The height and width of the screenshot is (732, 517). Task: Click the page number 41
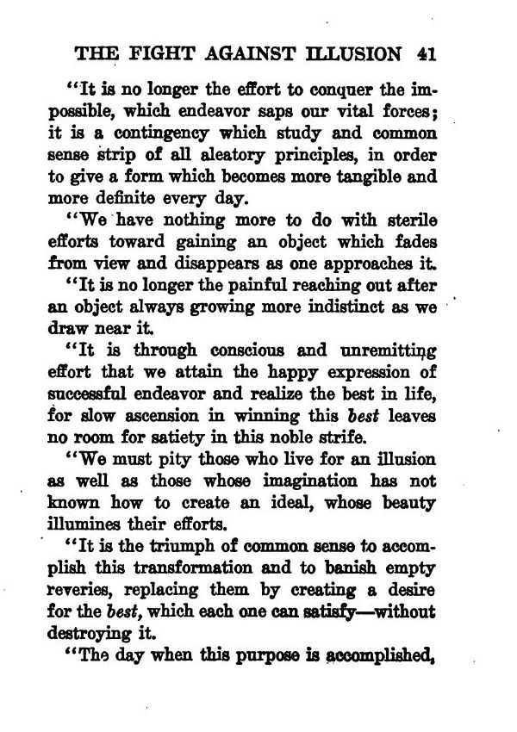pos(423,53)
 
